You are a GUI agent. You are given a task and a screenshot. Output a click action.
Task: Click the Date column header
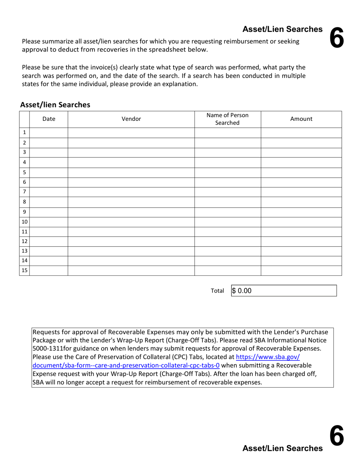point(49,119)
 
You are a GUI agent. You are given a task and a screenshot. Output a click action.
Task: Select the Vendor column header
point(131,119)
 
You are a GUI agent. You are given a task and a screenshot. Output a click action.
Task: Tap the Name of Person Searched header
point(227,119)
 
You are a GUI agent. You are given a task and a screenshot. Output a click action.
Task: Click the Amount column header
point(301,119)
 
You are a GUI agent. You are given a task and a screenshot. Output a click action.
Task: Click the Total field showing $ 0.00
point(283,291)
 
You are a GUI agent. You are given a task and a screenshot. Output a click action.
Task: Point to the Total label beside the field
point(217,291)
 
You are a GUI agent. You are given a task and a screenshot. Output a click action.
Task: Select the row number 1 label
point(25,133)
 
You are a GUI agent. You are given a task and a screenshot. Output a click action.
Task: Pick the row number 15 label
point(25,271)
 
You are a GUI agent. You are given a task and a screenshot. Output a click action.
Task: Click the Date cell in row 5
point(49,172)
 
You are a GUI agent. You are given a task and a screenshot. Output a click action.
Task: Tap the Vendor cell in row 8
point(131,202)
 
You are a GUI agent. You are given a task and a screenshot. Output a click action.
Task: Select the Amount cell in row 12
point(301,241)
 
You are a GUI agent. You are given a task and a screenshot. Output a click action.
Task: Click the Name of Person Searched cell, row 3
point(227,152)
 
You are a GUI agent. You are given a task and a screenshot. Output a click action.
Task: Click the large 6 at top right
point(336,38)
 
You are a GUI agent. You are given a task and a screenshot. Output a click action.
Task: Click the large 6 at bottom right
point(336,436)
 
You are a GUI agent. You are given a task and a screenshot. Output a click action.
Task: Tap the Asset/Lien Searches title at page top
point(282,30)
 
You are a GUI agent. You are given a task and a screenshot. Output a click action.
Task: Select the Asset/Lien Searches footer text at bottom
point(282,448)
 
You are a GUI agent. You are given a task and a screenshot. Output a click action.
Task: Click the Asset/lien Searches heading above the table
point(55,105)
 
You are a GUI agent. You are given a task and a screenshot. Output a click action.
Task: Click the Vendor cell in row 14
point(131,261)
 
